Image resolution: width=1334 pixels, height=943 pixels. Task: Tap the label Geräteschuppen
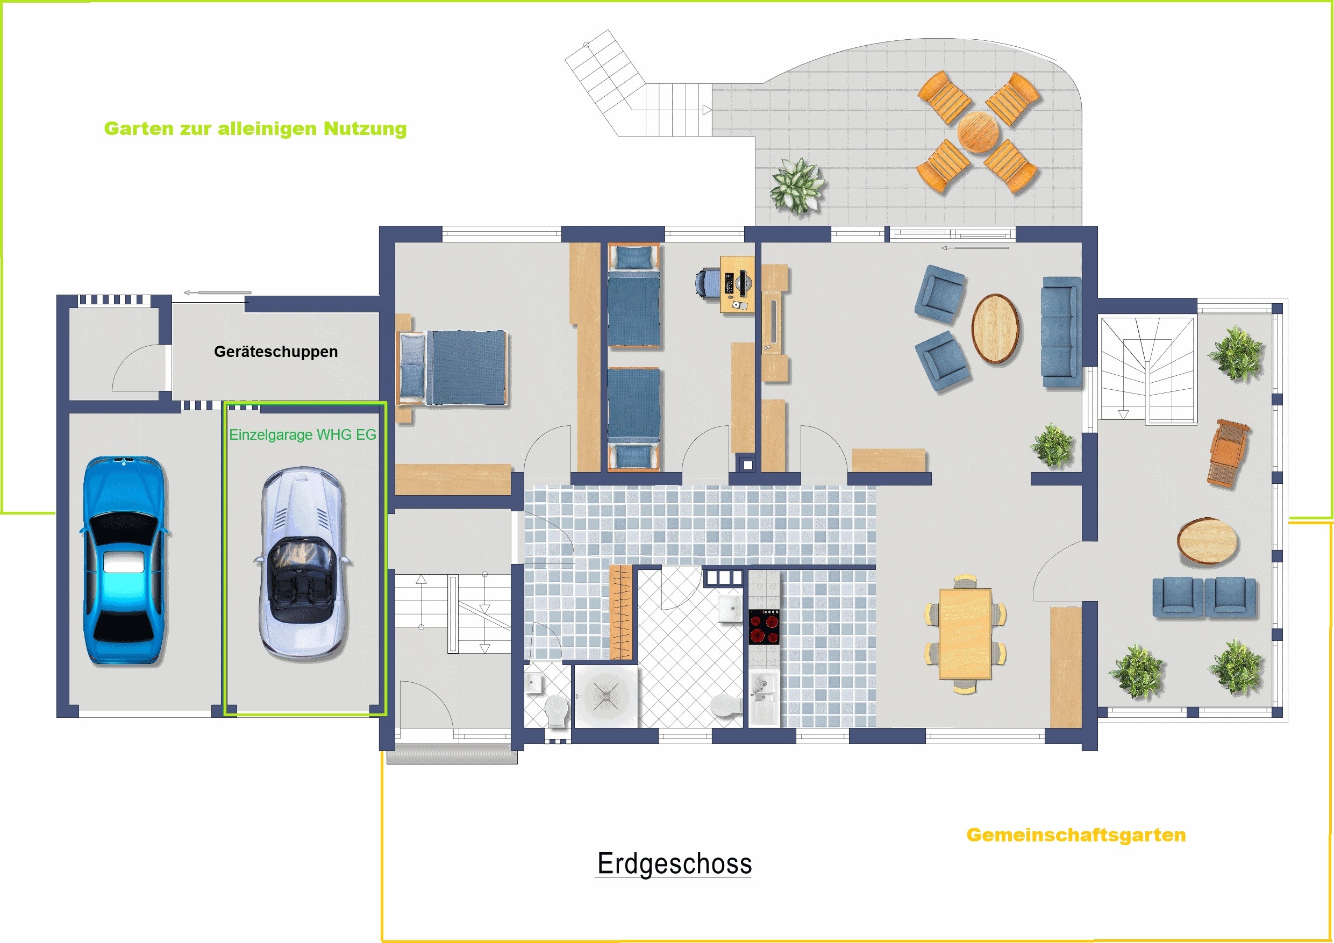(276, 352)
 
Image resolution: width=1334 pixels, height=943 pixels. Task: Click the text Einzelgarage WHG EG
(303, 434)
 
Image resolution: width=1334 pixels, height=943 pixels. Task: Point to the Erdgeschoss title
(675, 863)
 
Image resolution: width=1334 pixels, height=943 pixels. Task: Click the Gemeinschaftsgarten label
(1076, 835)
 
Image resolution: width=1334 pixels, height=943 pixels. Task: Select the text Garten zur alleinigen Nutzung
(255, 128)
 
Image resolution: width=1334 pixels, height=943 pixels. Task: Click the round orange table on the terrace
(979, 132)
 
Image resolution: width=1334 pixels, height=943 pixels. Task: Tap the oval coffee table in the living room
(996, 329)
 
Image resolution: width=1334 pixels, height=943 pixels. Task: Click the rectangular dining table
(965, 634)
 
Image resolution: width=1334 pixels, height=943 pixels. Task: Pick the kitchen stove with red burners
(764, 626)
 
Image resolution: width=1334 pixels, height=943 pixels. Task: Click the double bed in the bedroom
(452, 368)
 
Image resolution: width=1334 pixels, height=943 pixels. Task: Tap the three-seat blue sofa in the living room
(1061, 332)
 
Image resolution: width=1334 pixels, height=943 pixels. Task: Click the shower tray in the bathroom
(606, 696)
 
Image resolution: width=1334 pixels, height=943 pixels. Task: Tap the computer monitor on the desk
(742, 283)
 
